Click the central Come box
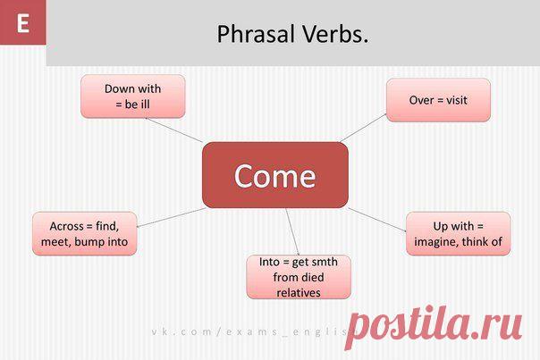pyautogui.click(x=275, y=175)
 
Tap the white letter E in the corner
pyautogui.click(x=22, y=23)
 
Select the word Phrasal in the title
pyautogui.click(x=256, y=35)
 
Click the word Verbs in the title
pyautogui.click(x=335, y=34)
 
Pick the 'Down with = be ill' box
pyautogui.click(x=133, y=96)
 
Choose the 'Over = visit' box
pyautogui.click(x=438, y=100)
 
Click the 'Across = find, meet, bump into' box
pyautogui.click(x=85, y=234)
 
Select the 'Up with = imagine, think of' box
pyautogui.click(x=459, y=234)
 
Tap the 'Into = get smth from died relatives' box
pyautogui.click(x=299, y=277)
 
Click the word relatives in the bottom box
pyautogui.click(x=299, y=293)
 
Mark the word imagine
pyautogui.click(x=436, y=242)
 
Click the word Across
pyautogui.click(x=66, y=226)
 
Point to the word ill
pyautogui.click(x=145, y=105)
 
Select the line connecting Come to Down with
pyautogui.click(x=174, y=130)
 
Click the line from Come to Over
pyautogui.click(x=363, y=128)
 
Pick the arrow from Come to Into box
pyautogui.click(x=292, y=231)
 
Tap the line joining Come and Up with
pyautogui.click(x=377, y=220)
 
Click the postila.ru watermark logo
pyautogui.click(x=434, y=326)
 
